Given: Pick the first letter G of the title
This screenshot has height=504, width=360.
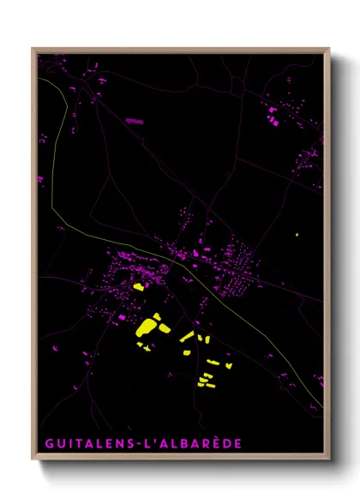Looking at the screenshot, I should tap(48, 444).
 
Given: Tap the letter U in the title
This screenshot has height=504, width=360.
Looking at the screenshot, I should tap(59, 444).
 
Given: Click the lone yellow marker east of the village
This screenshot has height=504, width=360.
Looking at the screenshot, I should tap(297, 235).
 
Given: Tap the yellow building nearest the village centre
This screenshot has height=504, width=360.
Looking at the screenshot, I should tap(137, 287).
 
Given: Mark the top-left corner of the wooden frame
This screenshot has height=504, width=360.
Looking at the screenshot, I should tap(33, 49).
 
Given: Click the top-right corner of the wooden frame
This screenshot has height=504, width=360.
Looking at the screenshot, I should tap(329, 49).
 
